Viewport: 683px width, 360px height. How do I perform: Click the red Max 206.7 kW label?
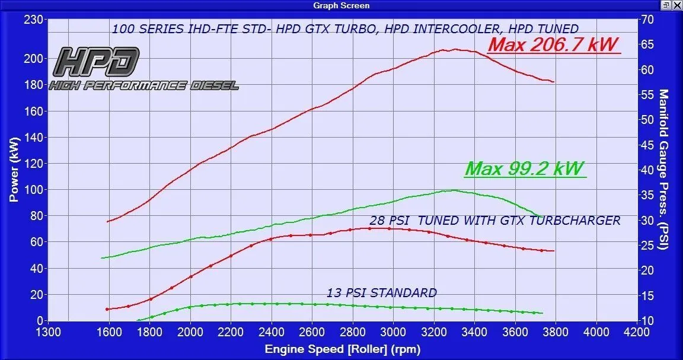click(x=554, y=44)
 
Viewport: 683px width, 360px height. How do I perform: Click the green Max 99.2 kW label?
click(x=525, y=168)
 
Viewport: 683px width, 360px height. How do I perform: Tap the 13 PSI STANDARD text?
click(x=381, y=292)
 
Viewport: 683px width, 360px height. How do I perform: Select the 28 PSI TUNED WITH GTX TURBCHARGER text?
click(x=494, y=221)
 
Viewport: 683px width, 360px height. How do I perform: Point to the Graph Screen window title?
click(x=341, y=5)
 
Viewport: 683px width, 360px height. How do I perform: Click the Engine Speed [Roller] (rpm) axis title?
click(x=342, y=349)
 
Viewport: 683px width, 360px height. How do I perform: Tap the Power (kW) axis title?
click(x=14, y=168)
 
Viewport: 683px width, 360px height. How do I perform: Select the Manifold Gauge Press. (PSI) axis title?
click(x=663, y=169)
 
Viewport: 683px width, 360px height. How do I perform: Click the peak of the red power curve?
click(x=455, y=49)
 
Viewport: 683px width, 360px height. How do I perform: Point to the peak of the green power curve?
click(x=454, y=190)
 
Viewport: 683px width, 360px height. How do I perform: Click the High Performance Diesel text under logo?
click(x=143, y=85)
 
